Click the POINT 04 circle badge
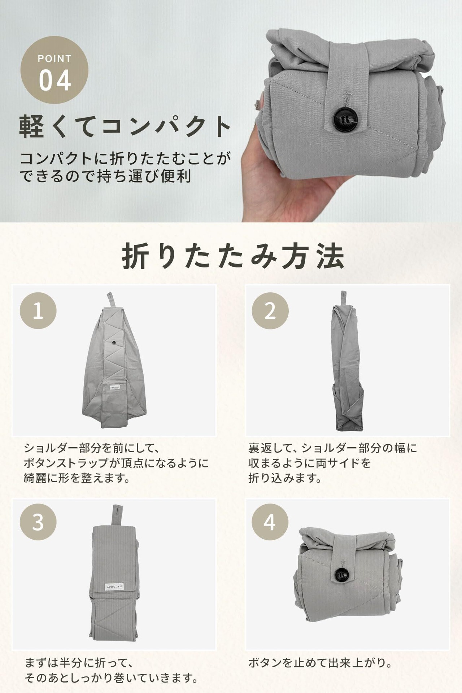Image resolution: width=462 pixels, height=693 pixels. click(55, 70)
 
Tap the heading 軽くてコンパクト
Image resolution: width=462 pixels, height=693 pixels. click(125, 127)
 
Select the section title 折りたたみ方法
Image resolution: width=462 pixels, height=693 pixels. click(233, 257)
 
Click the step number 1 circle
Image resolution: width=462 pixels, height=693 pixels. click(38, 310)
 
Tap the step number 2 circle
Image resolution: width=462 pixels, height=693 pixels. click(270, 310)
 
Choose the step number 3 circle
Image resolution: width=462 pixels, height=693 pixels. click(38, 522)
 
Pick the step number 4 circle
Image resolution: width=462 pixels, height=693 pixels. click(270, 522)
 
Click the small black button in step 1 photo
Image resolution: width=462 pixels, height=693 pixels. click(114, 342)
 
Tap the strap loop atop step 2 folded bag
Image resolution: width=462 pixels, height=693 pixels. click(343, 298)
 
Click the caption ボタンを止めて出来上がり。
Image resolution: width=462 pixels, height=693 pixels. click(320, 663)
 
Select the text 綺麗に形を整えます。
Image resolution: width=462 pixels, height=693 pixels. click(77, 478)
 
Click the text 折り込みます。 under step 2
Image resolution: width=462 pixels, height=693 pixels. click(285, 478)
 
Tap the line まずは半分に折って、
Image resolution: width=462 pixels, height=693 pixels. click(79, 663)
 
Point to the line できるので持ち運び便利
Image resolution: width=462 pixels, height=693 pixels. click(105, 176)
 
